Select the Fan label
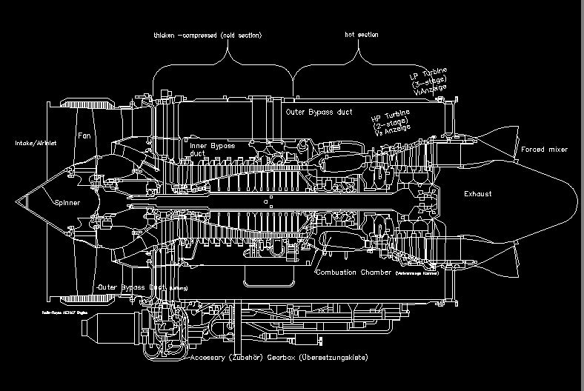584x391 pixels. point(84,136)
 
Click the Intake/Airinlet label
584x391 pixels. point(36,143)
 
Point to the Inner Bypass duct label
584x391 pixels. point(212,150)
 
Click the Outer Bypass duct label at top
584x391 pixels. point(319,111)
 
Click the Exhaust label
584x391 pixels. point(477,194)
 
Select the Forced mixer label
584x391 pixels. point(544,150)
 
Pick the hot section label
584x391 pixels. point(361,35)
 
